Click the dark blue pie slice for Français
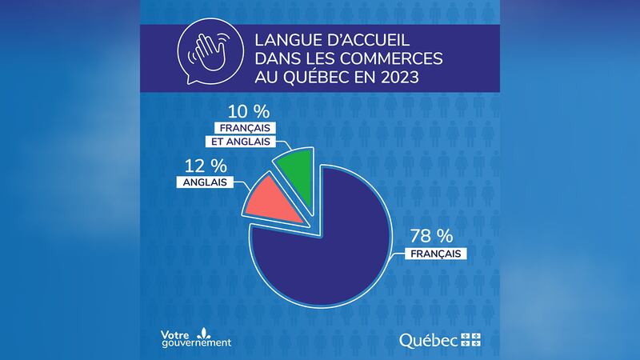(x=320, y=248)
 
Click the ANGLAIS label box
(x=200, y=182)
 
